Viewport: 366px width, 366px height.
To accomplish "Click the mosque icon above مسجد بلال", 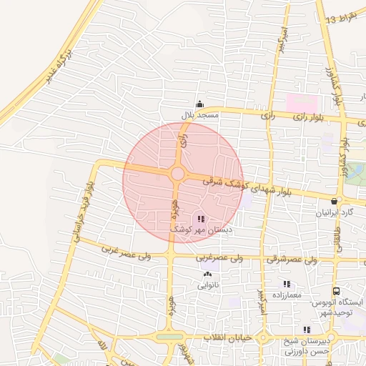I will pos(199,104).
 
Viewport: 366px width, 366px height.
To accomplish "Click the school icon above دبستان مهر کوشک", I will pos(200,219).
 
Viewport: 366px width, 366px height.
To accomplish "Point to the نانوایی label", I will pos(208,285).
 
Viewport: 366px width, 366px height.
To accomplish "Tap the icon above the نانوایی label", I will pos(208,274).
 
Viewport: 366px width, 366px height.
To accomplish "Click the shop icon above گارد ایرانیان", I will pos(335,202).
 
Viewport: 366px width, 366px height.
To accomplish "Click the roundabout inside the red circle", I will pos(177,174).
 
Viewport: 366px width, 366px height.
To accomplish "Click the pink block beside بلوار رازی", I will pos(302,102).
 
